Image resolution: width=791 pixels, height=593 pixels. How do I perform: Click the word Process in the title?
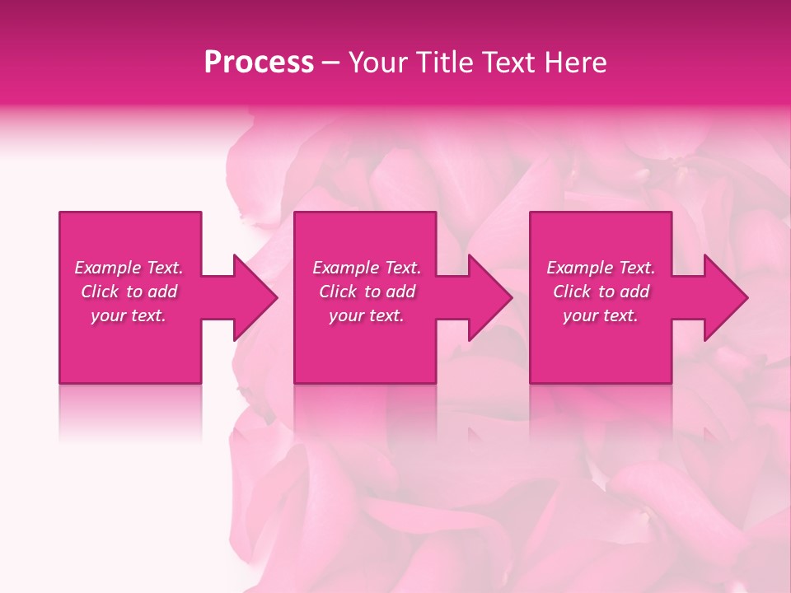click(259, 63)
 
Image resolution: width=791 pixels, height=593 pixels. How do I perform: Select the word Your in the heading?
click(377, 63)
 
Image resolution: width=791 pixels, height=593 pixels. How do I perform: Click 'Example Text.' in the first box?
click(129, 268)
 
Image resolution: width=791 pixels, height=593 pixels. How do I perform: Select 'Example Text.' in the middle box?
click(367, 268)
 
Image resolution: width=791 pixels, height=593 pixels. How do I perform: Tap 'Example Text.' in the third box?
click(601, 268)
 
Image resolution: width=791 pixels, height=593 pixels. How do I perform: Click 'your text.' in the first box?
click(129, 315)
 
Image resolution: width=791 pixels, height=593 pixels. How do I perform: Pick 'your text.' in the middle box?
click(367, 315)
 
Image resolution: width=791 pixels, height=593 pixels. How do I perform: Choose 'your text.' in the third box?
click(601, 315)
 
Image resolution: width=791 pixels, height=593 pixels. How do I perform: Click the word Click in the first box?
click(100, 292)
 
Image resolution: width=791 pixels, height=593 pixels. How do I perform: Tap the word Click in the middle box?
click(338, 292)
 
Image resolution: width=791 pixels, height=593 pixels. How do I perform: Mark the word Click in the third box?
click(572, 292)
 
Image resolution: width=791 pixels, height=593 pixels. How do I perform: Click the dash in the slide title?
click(331, 63)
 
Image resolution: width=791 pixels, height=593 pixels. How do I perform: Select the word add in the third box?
click(634, 292)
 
